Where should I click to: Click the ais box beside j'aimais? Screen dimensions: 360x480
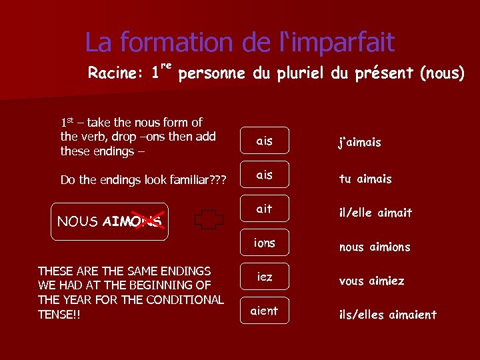point(265,141)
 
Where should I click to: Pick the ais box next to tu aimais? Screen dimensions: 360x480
point(265,175)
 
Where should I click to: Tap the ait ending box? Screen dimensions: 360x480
point(265,209)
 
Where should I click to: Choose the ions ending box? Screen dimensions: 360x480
point(265,243)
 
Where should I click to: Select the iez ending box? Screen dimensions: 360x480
point(265,276)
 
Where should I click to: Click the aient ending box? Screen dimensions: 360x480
point(265,311)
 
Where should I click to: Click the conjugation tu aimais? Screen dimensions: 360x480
point(365,179)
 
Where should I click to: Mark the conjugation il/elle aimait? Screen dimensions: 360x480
point(376,213)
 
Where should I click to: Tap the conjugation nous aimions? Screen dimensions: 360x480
point(375,247)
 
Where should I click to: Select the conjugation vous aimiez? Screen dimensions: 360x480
point(371,281)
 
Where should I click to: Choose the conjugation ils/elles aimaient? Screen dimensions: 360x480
point(388,315)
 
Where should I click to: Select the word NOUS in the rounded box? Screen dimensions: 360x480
point(78,221)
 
